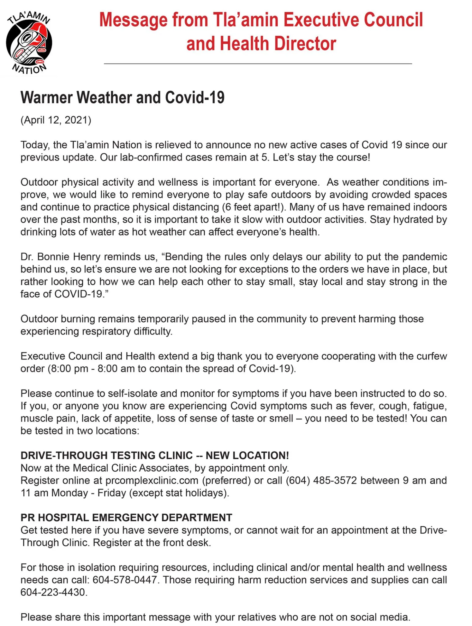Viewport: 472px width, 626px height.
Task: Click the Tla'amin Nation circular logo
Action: tap(29, 43)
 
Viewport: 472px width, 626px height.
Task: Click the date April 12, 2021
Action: tap(56, 120)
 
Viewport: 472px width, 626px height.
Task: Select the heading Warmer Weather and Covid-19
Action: tap(122, 97)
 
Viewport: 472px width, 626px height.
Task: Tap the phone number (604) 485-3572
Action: tap(321, 481)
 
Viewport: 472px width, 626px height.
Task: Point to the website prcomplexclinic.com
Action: tap(152, 481)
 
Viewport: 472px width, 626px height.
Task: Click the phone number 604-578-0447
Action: tap(125, 580)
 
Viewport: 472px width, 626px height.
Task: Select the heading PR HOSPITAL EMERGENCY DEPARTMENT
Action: tap(126, 518)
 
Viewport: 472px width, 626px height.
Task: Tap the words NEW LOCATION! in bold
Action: tap(247, 456)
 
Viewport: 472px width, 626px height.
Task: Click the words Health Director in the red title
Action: tap(278, 44)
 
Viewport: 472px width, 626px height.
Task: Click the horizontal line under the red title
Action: tap(258, 64)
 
